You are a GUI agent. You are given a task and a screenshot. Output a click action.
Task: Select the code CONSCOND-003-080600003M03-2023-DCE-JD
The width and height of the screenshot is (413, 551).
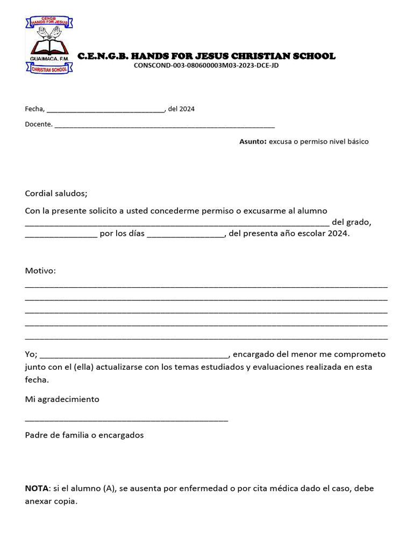pos(206,66)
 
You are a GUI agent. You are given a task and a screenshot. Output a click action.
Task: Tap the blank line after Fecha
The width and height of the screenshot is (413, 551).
pos(105,111)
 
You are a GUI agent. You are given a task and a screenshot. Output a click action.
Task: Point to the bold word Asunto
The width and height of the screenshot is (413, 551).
pos(253,142)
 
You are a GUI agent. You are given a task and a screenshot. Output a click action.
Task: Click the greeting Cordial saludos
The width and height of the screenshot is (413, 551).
pos(56,194)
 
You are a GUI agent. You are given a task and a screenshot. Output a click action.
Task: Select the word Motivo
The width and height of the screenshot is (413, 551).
pos(40,271)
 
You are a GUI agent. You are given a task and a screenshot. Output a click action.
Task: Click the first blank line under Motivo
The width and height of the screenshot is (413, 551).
pos(206,286)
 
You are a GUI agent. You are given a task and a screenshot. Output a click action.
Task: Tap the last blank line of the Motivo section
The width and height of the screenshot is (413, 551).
pos(206,338)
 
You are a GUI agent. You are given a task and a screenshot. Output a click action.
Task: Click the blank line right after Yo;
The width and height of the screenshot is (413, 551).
pos(134,357)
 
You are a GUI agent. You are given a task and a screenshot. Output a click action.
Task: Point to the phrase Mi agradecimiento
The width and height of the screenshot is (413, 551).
pos(62,399)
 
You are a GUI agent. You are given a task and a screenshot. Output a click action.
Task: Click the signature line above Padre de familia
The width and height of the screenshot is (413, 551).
pos(126,420)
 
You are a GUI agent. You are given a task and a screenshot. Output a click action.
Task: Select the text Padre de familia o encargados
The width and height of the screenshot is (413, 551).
pos(84,435)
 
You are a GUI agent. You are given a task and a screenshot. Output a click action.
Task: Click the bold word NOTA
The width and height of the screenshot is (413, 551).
pos(37,489)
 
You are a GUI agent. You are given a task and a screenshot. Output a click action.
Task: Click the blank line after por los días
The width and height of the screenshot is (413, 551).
pos(185,236)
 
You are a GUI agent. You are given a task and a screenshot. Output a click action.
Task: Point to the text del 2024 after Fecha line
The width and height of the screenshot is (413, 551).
pos(181,109)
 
